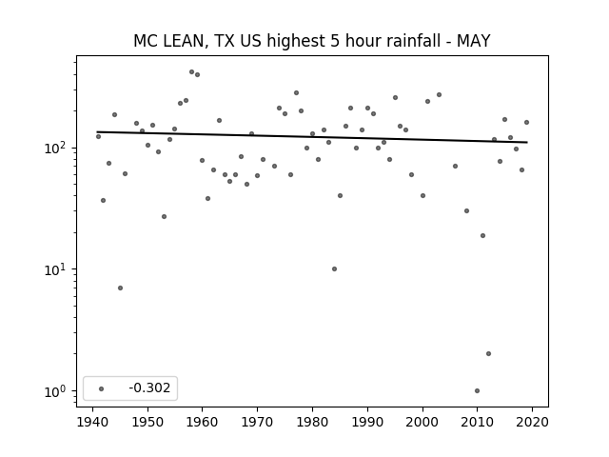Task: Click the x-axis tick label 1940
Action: click(x=92, y=422)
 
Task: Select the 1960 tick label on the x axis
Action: click(x=202, y=422)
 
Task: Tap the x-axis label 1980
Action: click(x=312, y=422)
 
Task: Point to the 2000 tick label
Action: click(x=422, y=422)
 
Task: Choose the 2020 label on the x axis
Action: click(x=532, y=422)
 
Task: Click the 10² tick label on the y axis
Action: click(x=57, y=148)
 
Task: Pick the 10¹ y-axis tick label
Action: click(x=57, y=268)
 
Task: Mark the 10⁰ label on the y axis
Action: click(x=57, y=391)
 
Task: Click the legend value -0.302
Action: click(x=149, y=387)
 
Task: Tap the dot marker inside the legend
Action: click(x=102, y=388)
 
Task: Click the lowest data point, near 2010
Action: click(x=477, y=390)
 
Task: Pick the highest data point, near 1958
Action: click(x=191, y=72)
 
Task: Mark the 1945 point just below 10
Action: click(x=121, y=288)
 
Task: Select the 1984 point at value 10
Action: click(x=334, y=268)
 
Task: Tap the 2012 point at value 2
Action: click(x=488, y=353)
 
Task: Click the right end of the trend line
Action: click(x=527, y=142)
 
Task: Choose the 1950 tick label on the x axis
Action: click(x=147, y=422)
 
